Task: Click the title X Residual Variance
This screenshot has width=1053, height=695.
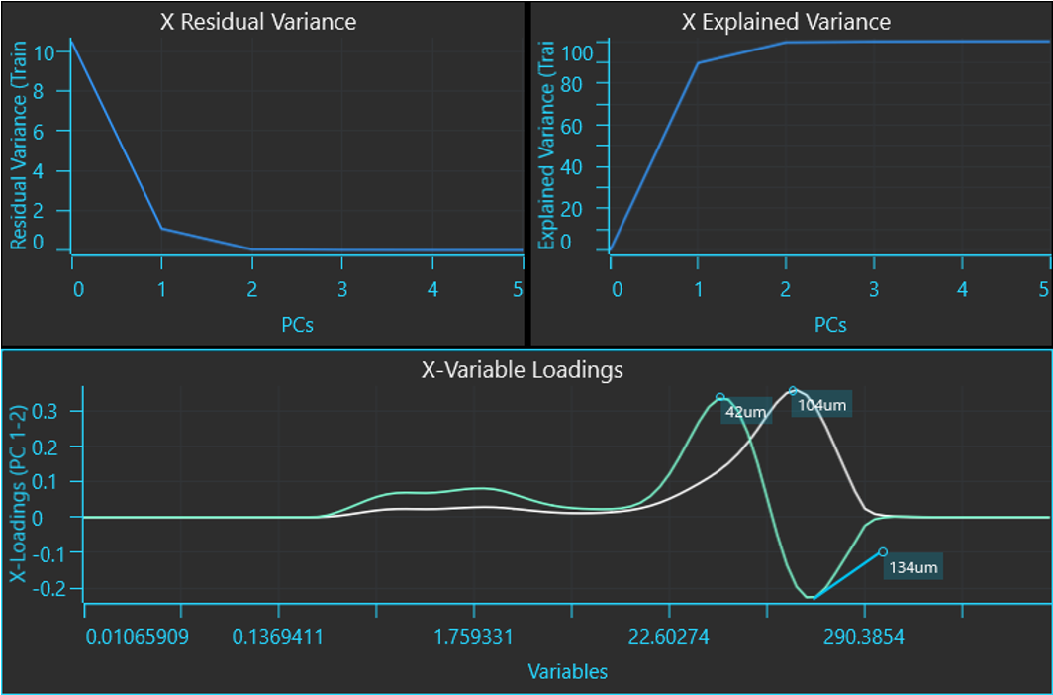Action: point(258,22)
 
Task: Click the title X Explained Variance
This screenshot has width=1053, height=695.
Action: point(787,22)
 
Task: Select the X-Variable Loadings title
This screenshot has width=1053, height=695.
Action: point(522,369)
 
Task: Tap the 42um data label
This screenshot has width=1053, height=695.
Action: point(746,412)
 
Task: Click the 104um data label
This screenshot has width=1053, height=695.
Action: point(821,405)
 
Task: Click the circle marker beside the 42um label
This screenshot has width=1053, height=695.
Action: point(720,398)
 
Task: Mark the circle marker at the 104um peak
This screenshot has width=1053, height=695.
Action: point(793,391)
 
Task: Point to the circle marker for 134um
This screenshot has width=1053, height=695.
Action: point(883,552)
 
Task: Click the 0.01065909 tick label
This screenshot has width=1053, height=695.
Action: point(138,636)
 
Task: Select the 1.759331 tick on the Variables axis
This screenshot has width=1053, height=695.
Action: point(473,636)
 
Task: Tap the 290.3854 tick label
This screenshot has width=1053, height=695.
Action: point(864,636)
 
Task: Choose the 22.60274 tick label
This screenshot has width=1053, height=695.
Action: point(669,636)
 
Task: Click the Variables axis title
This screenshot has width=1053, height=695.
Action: point(567,671)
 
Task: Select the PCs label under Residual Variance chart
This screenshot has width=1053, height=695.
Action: point(298,325)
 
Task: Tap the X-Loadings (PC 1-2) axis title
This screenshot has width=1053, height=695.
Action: point(19,494)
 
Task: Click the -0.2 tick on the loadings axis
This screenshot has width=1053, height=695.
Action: point(50,589)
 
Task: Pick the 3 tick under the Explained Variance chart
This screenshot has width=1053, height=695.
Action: point(874,289)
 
